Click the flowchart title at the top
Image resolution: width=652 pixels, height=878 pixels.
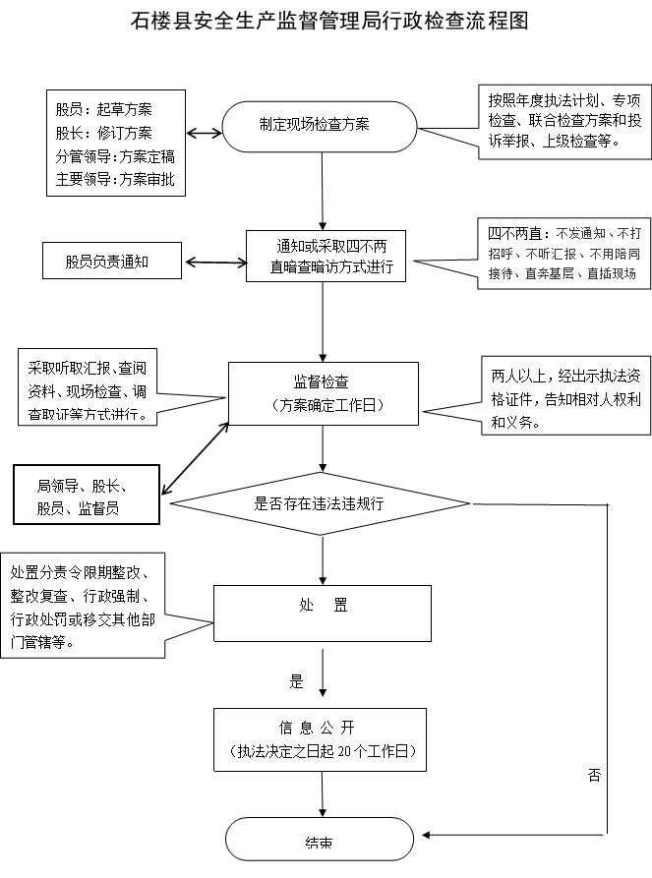tap(329, 21)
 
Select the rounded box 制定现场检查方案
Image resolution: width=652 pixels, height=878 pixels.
tap(320, 127)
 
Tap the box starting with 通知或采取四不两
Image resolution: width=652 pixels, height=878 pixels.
tap(326, 256)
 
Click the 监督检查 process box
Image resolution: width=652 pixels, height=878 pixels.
tap(324, 393)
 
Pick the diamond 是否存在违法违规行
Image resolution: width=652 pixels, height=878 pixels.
tap(320, 503)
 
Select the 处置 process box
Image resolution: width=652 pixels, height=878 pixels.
tap(323, 614)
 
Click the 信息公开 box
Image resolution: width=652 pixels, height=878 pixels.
tap(320, 739)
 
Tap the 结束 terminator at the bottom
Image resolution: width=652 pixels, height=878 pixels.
tap(320, 839)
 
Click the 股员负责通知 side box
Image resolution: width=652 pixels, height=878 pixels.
tap(112, 261)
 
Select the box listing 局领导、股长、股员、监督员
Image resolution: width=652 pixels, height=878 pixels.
tap(87, 495)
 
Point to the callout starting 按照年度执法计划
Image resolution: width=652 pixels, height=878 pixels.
tap(564, 122)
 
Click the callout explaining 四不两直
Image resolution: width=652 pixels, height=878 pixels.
tap(563, 253)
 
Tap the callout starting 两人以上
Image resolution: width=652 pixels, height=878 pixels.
tap(566, 395)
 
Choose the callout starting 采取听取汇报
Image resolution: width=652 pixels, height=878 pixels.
tap(88, 387)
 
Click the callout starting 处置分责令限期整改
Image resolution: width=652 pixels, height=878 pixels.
tap(83, 606)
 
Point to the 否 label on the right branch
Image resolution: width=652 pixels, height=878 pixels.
tap(594, 775)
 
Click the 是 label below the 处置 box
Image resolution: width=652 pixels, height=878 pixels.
tap(296, 681)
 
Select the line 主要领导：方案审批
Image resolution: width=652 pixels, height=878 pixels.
tap(115, 179)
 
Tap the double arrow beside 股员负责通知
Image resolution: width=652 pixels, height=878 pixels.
tap(215, 263)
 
